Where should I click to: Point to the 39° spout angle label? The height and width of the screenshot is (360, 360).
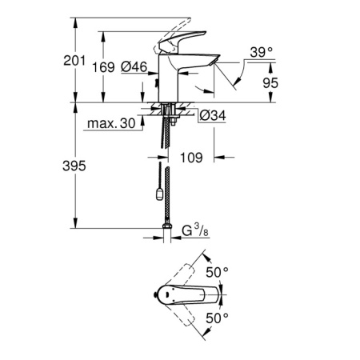click(x=260, y=52)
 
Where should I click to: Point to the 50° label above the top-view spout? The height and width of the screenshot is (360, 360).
click(x=218, y=273)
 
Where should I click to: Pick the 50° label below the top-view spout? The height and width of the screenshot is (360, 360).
click(x=218, y=318)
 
